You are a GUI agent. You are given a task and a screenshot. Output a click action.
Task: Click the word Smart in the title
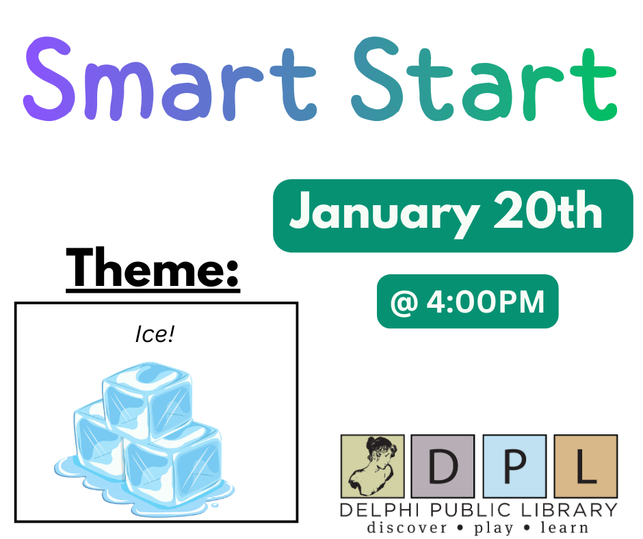[x=170, y=79]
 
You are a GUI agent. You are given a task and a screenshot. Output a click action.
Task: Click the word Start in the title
[x=484, y=79]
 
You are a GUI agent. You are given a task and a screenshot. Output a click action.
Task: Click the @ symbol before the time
[x=404, y=303]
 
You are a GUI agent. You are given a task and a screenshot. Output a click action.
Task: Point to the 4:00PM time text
[x=486, y=302]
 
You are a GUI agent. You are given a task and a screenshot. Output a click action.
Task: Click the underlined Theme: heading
[x=153, y=269]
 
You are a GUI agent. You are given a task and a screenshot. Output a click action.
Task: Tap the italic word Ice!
[x=155, y=334]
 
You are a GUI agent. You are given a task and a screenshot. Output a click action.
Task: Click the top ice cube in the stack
[x=147, y=400]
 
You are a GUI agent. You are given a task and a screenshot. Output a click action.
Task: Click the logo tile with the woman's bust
[x=372, y=466]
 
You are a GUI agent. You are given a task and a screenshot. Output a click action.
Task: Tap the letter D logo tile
[x=443, y=466]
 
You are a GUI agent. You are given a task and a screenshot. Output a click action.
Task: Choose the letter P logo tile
[x=514, y=466]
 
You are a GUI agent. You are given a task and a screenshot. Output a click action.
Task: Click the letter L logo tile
[x=586, y=466]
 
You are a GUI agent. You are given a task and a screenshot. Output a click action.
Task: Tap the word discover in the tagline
[x=407, y=527]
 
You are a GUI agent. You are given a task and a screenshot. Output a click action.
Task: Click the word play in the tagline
[x=494, y=528]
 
